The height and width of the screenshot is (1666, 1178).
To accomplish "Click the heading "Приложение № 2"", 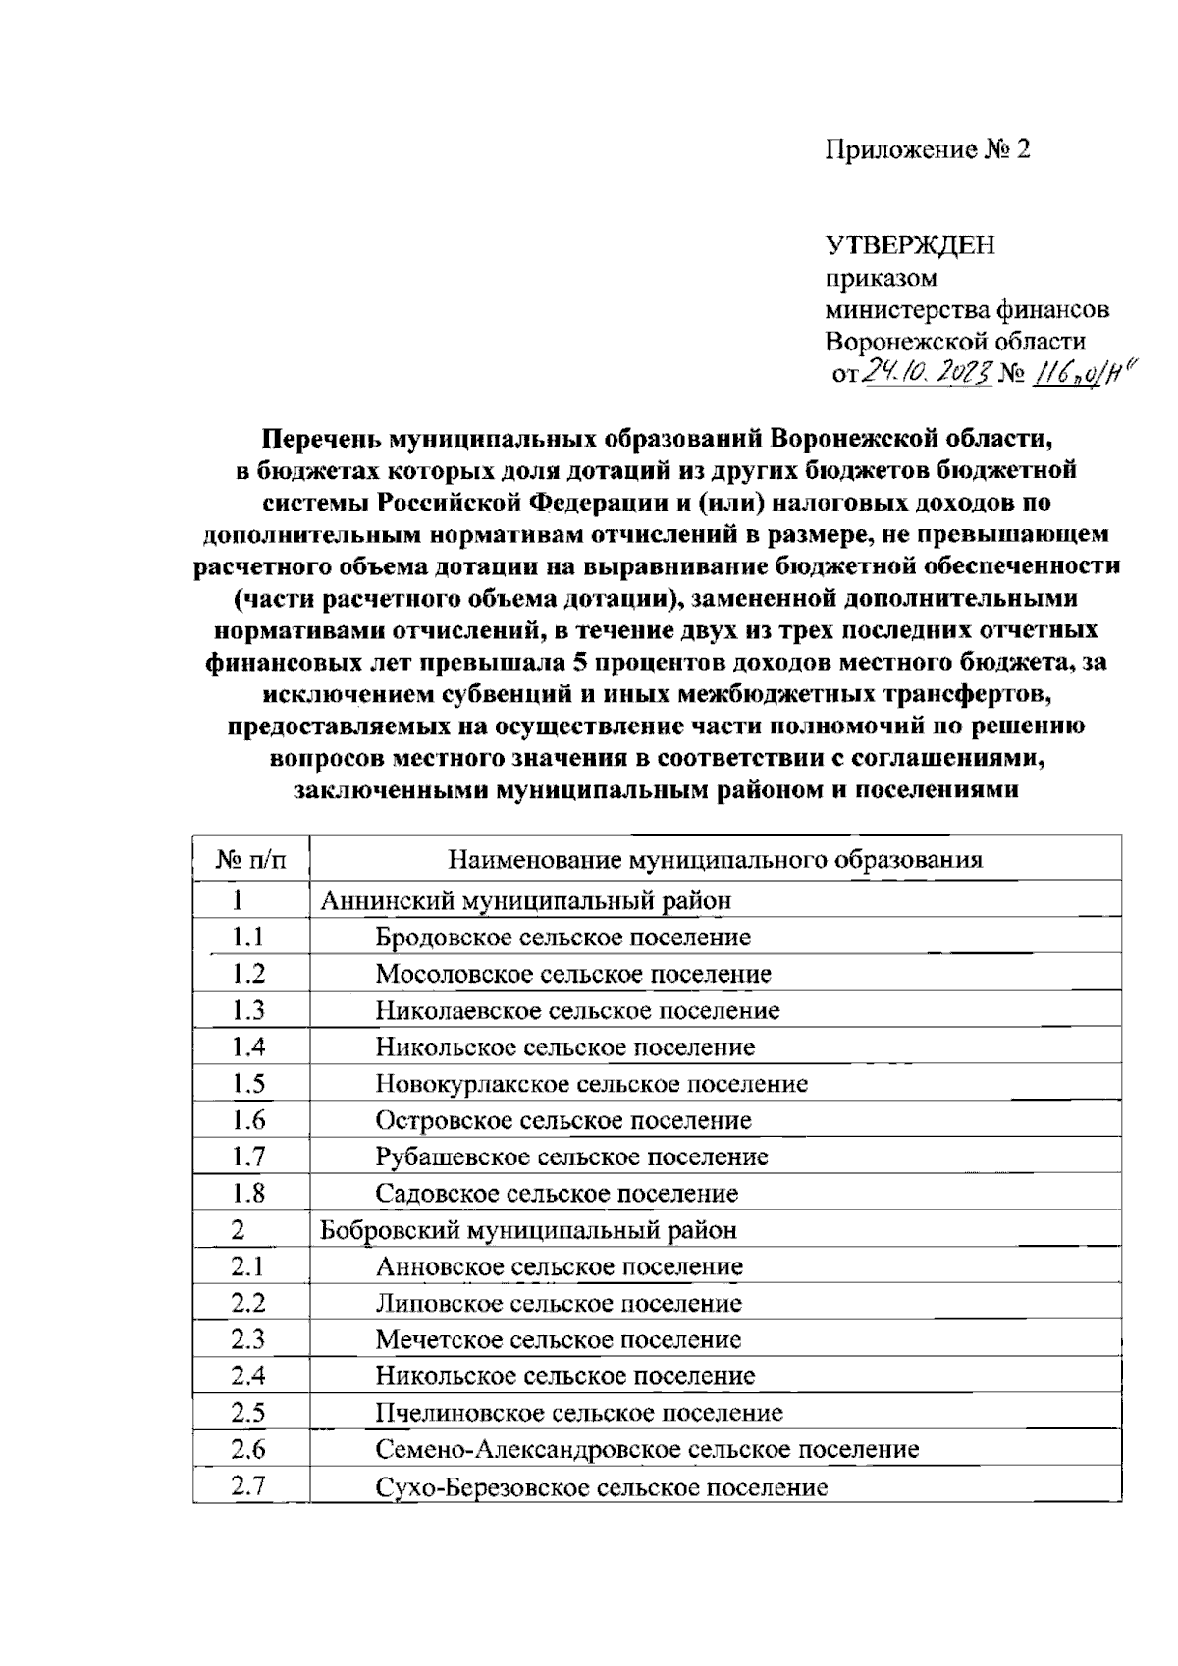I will tap(928, 149).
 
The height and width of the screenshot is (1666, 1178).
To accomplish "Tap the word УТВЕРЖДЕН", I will tap(910, 244).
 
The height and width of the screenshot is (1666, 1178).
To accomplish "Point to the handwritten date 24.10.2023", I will tap(927, 374).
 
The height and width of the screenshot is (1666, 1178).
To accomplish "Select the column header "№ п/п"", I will tap(251, 861).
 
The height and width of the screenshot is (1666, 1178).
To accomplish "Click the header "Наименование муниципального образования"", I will tap(715, 861).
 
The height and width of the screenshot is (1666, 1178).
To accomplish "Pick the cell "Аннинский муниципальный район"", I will tap(526, 900).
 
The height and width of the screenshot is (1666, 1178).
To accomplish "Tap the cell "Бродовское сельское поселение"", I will tap(562, 938).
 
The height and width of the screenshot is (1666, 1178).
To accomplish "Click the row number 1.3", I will tap(248, 1010).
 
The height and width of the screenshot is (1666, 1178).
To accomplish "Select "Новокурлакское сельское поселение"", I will tap(591, 1084).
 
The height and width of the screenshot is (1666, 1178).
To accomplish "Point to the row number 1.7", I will tap(248, 1156).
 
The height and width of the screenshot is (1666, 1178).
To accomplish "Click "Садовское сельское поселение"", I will tap(557, 1194).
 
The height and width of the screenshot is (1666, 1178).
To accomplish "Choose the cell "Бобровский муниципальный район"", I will tap(528, 1230).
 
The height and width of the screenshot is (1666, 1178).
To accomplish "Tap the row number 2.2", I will tap(248, 1303).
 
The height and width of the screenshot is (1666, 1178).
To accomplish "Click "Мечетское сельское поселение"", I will tap(558, 1340).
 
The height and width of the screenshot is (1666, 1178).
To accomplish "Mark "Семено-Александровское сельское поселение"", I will tap(647, 1449).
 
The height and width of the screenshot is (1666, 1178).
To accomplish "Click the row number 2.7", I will tap(248, 1486).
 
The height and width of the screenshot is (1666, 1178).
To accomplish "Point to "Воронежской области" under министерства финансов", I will tap(955, 342).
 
